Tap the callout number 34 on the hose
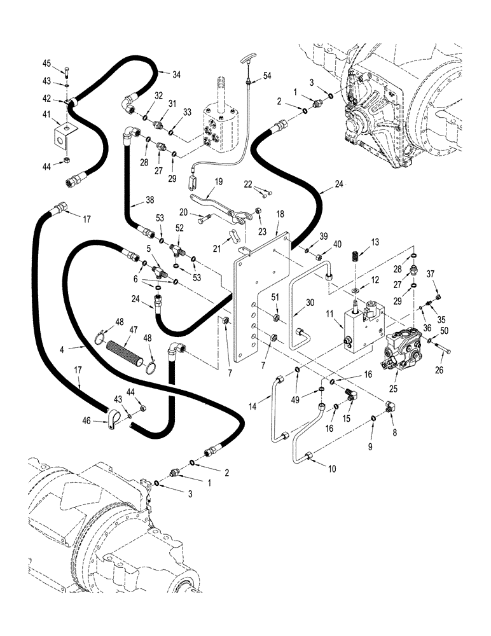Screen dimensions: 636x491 point(176,74)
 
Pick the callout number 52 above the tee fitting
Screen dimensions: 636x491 point(179,228)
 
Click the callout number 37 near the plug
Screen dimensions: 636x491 point(432,273)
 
